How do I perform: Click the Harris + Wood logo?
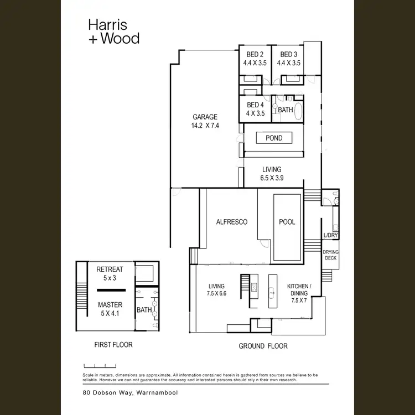(113, 31)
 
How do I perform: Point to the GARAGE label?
(205, 117)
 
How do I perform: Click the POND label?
(274, 138)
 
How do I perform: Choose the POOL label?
(287, 222)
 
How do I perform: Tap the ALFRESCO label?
(231, 222)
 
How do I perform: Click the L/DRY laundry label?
(330, 236)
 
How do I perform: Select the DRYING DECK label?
(331, 255)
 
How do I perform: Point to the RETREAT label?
(110, 269)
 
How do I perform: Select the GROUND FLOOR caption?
(263, 346)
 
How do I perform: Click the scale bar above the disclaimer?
(100, 366)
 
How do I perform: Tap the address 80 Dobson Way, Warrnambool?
(122, 392)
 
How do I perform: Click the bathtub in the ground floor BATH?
(298, 112)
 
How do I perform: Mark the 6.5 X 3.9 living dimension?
(271, 178)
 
